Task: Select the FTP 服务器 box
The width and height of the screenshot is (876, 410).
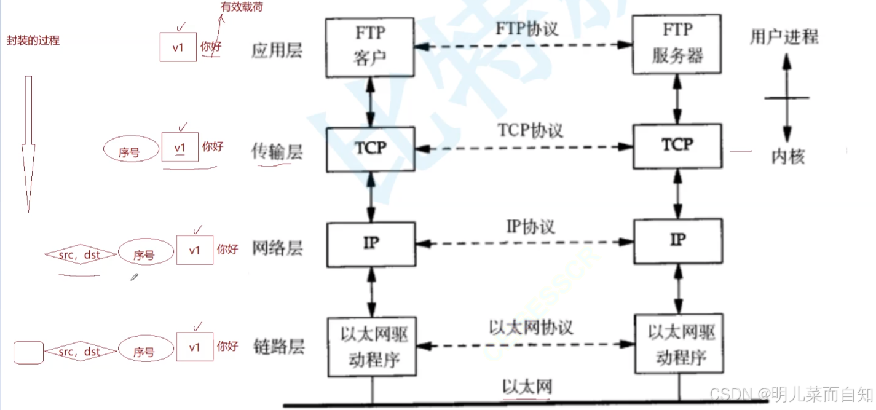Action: (x=677, y=44)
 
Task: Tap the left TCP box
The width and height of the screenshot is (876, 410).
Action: (x=370, y=149)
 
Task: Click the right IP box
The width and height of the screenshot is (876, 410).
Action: (x=677, y=240)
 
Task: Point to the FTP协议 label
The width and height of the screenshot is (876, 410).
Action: (x=527, y=29)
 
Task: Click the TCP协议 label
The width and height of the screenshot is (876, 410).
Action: (x=531, y=130)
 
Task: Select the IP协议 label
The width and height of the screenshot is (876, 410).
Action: (x=531, y=227)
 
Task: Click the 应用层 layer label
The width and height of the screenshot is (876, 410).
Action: (x=277, y=50)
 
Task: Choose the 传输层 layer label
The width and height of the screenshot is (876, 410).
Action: (x=277, y=151)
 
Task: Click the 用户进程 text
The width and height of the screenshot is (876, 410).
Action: (x=784, y=36)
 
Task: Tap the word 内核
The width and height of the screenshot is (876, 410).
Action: (x=787, y=157)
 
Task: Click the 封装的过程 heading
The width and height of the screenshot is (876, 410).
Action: (x=33, y=41)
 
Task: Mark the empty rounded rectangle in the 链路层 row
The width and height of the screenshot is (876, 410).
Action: (x=28, y=352)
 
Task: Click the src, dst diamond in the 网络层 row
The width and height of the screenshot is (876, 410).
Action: (x=80, y=254)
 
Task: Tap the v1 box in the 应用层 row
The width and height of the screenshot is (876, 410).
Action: (x=178, y=47)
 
